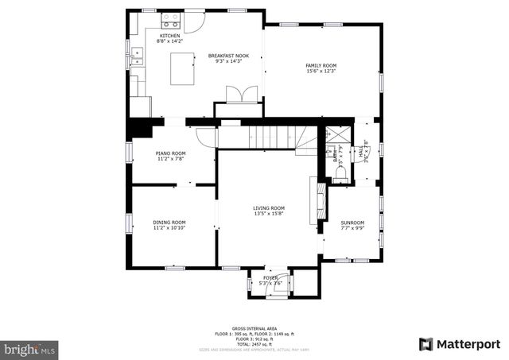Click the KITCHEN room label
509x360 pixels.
click(x=169, y=36)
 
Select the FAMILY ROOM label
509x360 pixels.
click(x=321, y=65)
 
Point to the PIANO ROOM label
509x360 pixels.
click(x=169, y=153)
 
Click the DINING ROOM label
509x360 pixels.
click(x=169, y=222)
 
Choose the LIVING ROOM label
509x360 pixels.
click(x=269, y=208)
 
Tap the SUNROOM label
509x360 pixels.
click(x=352, y=223)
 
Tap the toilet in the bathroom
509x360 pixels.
click(x=340, y=176)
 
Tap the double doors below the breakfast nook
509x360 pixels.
click(x=239, y=95)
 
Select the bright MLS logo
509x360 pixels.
click(x=30, y=348)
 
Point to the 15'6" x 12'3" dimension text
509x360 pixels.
click(x=321, y=72)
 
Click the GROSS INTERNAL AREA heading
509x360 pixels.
click(x=254, y=328)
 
